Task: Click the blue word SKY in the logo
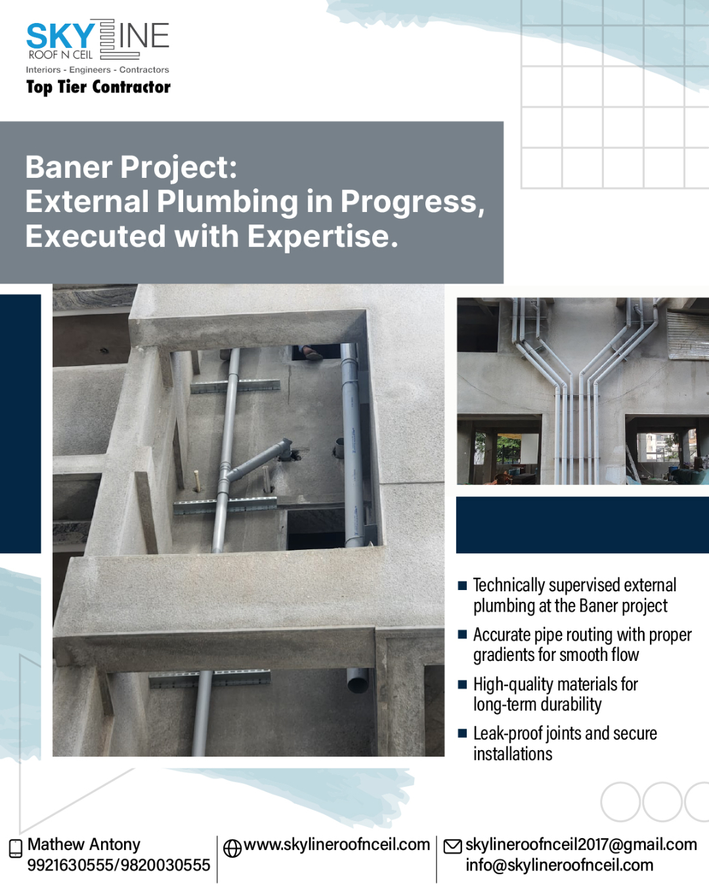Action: tap(60, 36)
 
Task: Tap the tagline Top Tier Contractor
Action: tap(98, 87)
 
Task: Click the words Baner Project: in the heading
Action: tap(131, 167)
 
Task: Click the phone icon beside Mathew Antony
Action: tap(16, 849)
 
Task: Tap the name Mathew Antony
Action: tap(84, 844)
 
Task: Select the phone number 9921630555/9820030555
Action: tap(119, 865)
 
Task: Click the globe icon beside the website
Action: tap(232, 849)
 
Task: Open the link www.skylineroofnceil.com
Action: tap(337, 845)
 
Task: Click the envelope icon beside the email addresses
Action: tap(453, 847)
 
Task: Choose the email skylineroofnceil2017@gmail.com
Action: tap(581, 845)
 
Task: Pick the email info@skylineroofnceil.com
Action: tap(559, 865)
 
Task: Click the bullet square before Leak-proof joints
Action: tap(462, 733)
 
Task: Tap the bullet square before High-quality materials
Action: tap(462, 684)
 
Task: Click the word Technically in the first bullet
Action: tap(509, 585)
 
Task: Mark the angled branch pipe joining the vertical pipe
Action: tap(259, 459)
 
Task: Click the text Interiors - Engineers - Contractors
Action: tap(97, 70)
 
